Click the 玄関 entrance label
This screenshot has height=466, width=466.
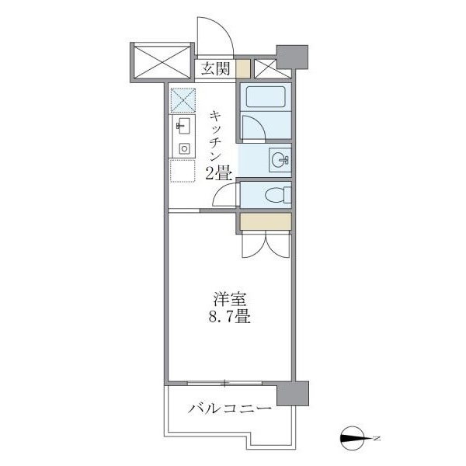217,69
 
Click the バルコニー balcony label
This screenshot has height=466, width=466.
229,409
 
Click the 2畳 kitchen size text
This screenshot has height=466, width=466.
218,174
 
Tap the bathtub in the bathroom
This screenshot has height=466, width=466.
266,97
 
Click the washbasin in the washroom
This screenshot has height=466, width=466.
280,160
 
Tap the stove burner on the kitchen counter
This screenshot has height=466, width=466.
184,148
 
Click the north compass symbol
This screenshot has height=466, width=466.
358,440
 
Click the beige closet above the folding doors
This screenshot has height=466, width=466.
266,221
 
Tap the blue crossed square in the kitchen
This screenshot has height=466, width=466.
183,99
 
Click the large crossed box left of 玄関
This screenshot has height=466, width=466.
161,62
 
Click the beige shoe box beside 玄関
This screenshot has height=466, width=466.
244,69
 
